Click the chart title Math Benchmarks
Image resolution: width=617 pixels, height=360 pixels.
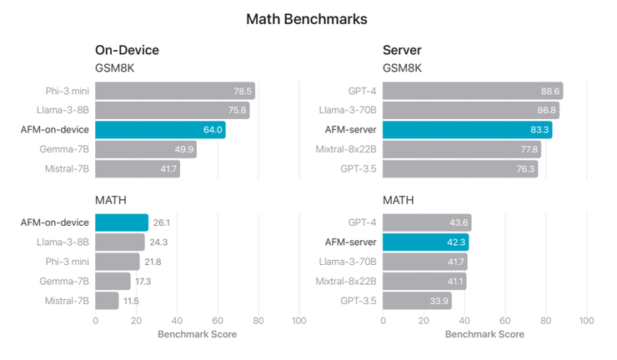pyautogui.click(x=307, y=18)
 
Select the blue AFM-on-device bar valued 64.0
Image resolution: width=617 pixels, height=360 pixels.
pyautogui.click(x=160, y=130)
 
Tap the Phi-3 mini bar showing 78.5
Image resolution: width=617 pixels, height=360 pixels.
pyautogui.click(x=174, y=91)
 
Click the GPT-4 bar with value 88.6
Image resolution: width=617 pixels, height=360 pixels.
pyautogui.click(x=472, y=91)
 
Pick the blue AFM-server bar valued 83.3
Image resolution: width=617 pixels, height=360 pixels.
pyautogui.click(x=467, y=130)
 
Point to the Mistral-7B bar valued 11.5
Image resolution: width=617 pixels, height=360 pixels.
pyautogui.click(x=107, y=301)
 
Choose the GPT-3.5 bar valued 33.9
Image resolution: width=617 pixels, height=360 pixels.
pyautogui.click(x=417, y=301)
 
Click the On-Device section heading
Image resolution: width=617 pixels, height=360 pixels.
pyautogui.click(x=127, y=50)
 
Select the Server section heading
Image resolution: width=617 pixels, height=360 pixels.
pyautogui.click(x=402, y=50)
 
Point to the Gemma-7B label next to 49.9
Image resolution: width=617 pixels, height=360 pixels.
pyautogui.click(x=66, y=150)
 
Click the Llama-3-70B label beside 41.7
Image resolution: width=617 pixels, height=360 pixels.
pyautogui.click(x=348, y=262)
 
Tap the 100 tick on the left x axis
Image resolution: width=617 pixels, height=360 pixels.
pyautogui.click(x=298, y=321)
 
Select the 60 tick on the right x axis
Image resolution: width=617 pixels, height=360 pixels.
pyautogui.click(x=505, y=321)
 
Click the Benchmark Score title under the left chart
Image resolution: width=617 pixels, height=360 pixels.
pyautogui.click(x=197, y=334)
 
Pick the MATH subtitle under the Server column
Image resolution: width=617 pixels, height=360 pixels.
pyautogui.click(x=398, y=201)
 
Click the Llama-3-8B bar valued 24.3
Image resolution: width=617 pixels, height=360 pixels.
pyautogui.click(x=120, y=242)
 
